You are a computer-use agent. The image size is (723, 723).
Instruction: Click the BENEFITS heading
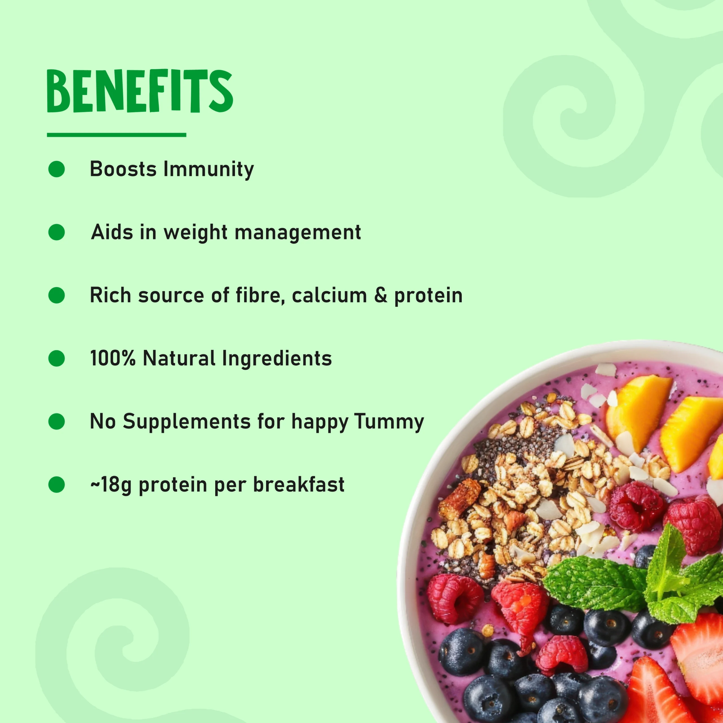pyautogui.click(x=140, y=91)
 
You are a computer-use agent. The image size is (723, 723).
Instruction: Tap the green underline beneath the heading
pyautogui.click(x=116, y=135)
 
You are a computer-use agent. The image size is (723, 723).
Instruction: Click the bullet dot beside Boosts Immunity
pyautogui.click(x=56, y=169)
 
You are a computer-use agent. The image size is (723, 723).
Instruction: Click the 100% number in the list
pyautogui.click(x=113, y=358)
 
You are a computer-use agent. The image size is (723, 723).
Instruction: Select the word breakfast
pyautogui.click(x=299, y=485)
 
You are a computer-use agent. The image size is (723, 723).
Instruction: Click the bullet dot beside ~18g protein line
pyautogui.click(x=56, y=485)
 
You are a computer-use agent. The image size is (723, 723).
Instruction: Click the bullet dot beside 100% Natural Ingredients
pyautogui.click(x=56, y=358)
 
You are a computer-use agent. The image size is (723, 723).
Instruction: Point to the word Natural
pyautogui.click(x=179, y=358)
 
